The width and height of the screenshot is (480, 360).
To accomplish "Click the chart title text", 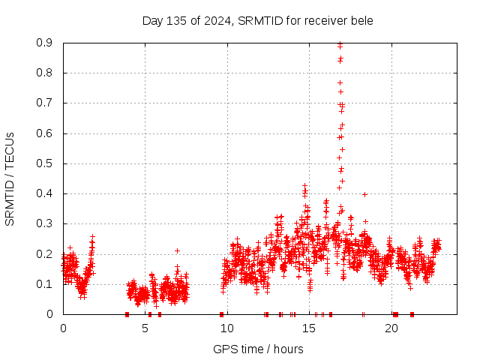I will (x=257, y=20).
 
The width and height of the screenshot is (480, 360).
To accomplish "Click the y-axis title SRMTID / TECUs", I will (x=10, y=179).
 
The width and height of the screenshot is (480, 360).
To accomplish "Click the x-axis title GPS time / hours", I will (x=258, y=349).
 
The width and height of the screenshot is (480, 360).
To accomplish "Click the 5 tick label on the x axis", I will (x=145, y=328).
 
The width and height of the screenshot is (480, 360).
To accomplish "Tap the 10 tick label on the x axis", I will (x=227, y=328).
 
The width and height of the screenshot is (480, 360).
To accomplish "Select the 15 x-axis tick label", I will (x=310, y=328).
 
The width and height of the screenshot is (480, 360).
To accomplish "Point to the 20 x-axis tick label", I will (x=391, y=328).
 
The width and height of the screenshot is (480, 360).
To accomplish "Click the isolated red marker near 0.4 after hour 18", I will (x=364, y=194).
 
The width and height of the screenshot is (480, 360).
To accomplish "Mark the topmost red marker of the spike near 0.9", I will (x=340, y=44).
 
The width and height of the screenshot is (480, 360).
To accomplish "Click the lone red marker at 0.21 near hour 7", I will (x=178, y=250).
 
